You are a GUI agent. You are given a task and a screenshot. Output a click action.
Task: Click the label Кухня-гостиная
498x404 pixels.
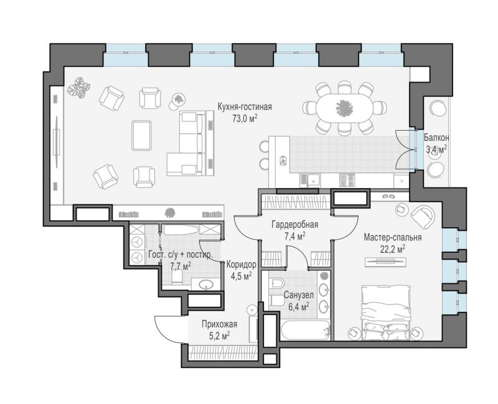[245, 106]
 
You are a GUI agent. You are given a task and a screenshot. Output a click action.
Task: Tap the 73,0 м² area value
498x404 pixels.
[245, 119]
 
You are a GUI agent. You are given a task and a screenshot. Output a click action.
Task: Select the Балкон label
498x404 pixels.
[436, 138]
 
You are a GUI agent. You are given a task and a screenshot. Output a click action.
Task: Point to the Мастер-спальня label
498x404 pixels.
[393, 237]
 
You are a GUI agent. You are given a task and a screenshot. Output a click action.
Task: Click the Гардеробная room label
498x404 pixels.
[294, 225]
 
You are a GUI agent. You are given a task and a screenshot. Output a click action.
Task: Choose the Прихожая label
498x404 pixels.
[220, 324]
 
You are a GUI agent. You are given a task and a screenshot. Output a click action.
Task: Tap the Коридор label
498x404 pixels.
[241, 265]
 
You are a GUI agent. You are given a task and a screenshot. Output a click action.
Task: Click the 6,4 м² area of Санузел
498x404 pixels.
[299, 307]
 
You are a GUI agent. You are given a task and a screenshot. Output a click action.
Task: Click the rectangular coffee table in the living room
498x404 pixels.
[141, 135]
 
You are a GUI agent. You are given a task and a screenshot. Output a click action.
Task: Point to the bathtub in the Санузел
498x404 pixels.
[306, 331]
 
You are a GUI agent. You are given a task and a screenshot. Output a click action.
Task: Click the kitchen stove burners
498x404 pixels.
[347, 181]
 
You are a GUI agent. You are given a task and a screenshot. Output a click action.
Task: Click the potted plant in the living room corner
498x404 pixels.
[79, 87]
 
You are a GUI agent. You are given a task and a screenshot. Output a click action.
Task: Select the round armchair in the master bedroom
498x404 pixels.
[423, 217]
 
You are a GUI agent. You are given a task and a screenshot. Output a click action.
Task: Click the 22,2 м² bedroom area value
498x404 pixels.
[393, 249]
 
